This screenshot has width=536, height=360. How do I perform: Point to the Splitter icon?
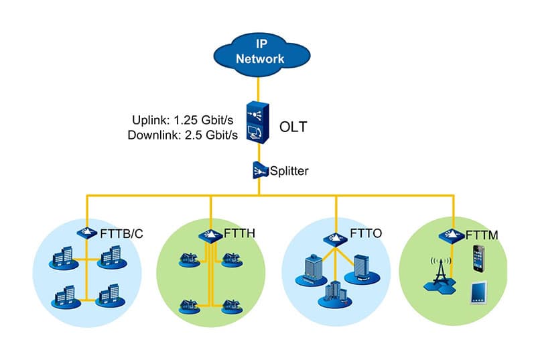(x=259, y=171)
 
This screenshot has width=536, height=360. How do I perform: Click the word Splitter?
(x=289, y=171)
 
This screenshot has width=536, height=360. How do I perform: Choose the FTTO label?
(x=366, y=235)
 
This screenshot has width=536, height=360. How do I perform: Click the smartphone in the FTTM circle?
(x=478, y=258)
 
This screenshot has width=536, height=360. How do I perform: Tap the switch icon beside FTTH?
(x=210, y=236)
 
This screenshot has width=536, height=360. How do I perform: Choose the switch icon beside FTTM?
(x=448, y=235)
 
